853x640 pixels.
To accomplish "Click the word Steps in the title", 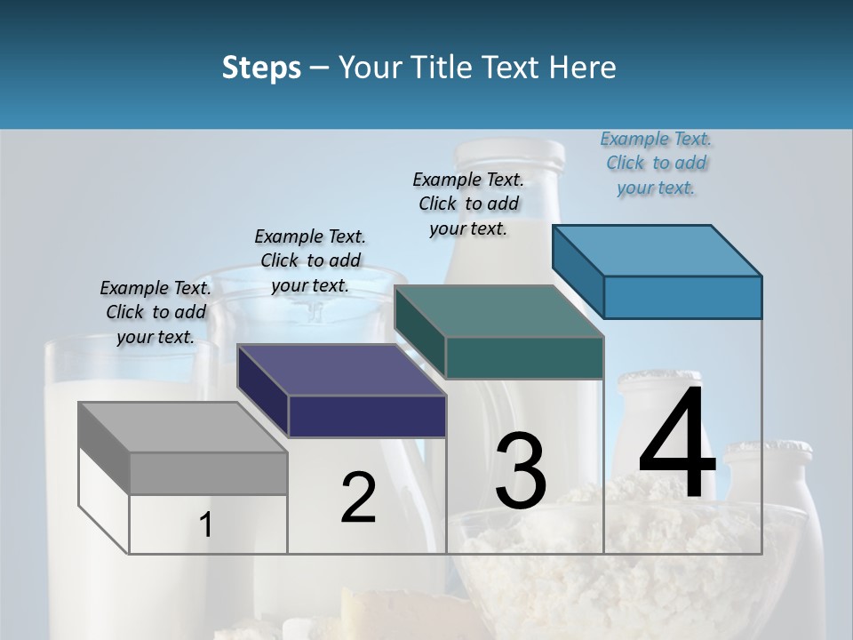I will coord(261,68).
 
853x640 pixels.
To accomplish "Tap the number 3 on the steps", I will coord(521,470).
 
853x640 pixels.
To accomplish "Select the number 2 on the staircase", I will coord(358,498).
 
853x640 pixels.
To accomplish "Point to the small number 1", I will coord(205,525).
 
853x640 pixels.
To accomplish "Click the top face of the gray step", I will coord(182,428).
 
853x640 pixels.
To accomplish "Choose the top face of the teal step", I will coord(498,312).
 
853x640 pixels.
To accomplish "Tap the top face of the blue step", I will coord(657,251).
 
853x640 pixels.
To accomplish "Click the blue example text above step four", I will coord(656,164).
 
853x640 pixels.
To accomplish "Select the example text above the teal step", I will coord(468,204).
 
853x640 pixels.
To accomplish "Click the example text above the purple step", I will coord(310,260).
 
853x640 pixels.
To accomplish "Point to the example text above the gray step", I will coord(155,312).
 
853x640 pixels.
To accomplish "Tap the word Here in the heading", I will coord(584,68).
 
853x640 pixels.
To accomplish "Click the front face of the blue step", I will coord(682,297).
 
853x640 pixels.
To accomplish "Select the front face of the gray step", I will coord(208,473).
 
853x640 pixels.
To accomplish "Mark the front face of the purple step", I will coord(366,416).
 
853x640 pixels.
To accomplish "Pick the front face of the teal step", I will coord(524,357).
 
